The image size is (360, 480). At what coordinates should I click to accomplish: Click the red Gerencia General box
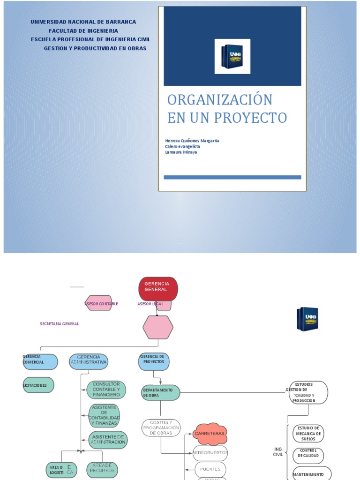[x=158, y=288]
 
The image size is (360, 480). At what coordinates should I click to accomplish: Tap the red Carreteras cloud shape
[x=210, y=434]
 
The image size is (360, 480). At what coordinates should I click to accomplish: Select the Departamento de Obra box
[x=160, y=393]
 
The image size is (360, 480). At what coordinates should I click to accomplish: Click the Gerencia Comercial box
[x=40, y=361]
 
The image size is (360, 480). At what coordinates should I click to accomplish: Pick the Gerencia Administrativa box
[x=89, y=361]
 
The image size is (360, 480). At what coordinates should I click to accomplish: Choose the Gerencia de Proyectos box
[x=154, y=361]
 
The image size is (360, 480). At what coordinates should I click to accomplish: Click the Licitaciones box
[x=38, y=385]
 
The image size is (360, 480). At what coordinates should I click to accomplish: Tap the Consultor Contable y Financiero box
[x=106, y=390]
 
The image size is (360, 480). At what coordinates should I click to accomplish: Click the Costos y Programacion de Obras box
[x=161, y=428]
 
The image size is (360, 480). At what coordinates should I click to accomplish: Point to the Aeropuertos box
[x=210, y=453]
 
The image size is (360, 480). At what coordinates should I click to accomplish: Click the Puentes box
[x=210, y=469]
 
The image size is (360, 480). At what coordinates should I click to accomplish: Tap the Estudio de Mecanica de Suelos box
[x=308, y=434]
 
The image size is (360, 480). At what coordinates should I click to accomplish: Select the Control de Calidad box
[x=308, y=455]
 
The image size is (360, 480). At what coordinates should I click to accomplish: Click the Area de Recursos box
[x=102, y=469]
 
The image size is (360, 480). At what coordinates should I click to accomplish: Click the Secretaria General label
[x=60, y=323]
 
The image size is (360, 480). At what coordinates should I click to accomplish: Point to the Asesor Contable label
[x=101, y=304]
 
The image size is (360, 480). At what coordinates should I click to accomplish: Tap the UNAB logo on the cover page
[x=232, y=56]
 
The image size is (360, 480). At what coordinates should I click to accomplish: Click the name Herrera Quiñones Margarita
[x=192, y=141]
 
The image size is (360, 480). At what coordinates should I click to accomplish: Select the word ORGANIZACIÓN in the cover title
[x=220, y=100]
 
